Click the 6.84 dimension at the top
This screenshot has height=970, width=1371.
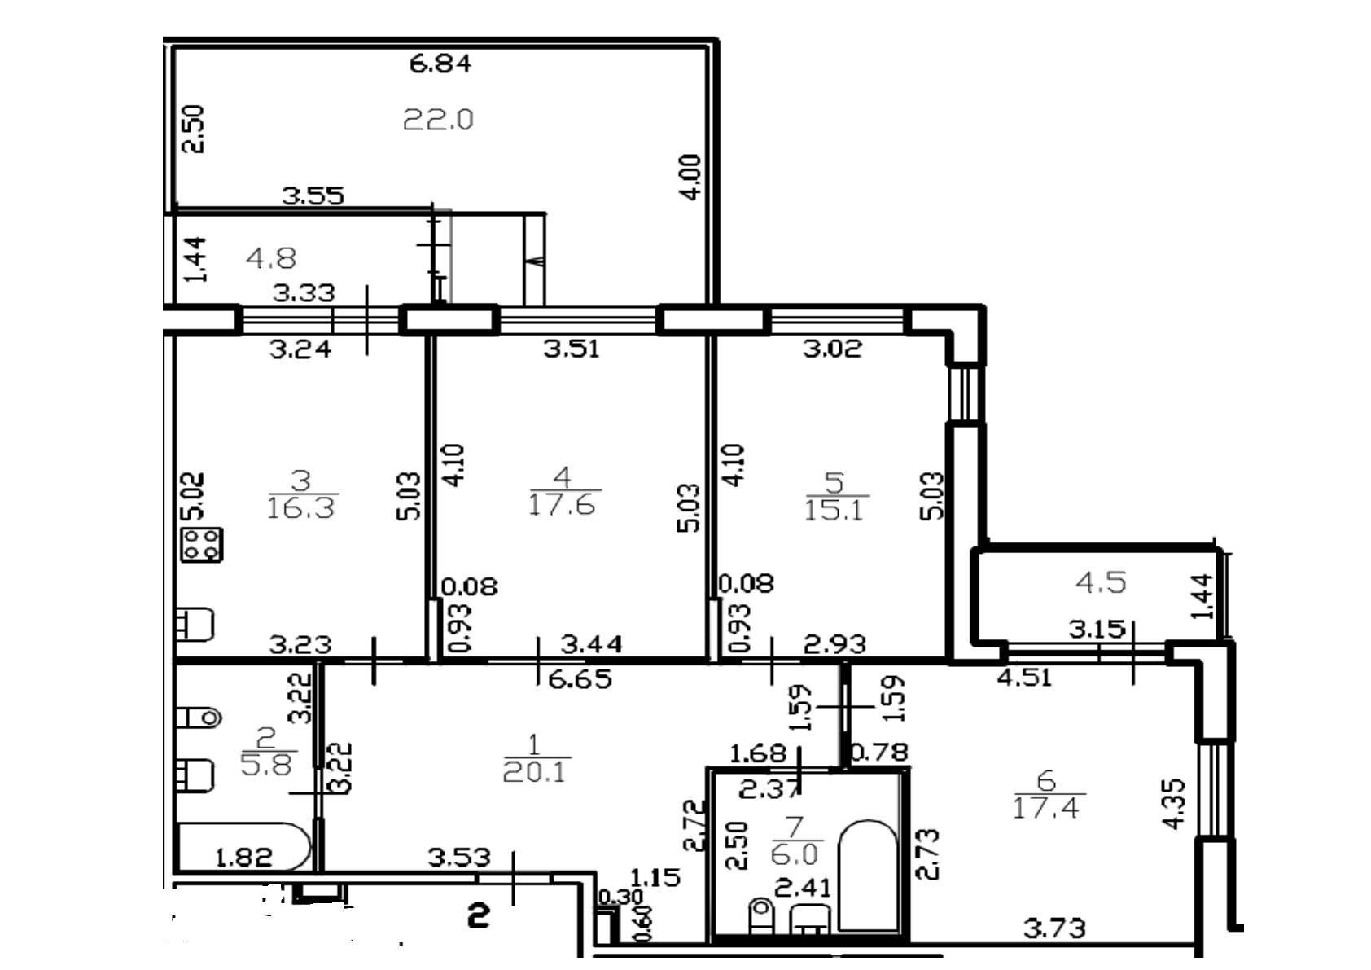pyautogui.click(x=440, y=64)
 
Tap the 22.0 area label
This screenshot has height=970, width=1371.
pyautogui.click(x=438, y=121)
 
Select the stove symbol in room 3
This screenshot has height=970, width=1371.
pyautogui.click(x=202, y=545)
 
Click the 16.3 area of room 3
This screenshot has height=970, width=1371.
pyautogui.click(x=301, y=508)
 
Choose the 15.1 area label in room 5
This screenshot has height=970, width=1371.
pyautogui.click(x=834, y=511)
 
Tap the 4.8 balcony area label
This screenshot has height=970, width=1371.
pyautogui.click(x=271, y=259)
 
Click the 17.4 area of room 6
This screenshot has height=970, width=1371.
pyautogui.click(x=1046, y=809)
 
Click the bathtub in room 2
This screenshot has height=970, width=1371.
pyautogui.click(x=243, y=847)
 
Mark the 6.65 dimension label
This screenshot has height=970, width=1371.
pyautogui.click(x=580, y=678)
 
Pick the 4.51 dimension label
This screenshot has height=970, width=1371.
pyautogui.click(x=1024, y=677)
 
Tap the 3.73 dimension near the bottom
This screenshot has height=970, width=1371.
pyautogui.click(x=1054, y=928)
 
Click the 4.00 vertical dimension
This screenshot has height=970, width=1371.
pyautogui.click(x=690, y=177)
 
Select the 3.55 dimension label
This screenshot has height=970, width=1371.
pyautogui.click(x=313, y=195)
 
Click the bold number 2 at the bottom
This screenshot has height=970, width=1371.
pyautogui.click(x=479, y=917)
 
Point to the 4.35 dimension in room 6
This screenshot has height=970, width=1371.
pyautogui.click(x=1174, y=804)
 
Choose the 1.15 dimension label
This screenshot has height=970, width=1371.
pyautogui.click(x=655, y=878)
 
